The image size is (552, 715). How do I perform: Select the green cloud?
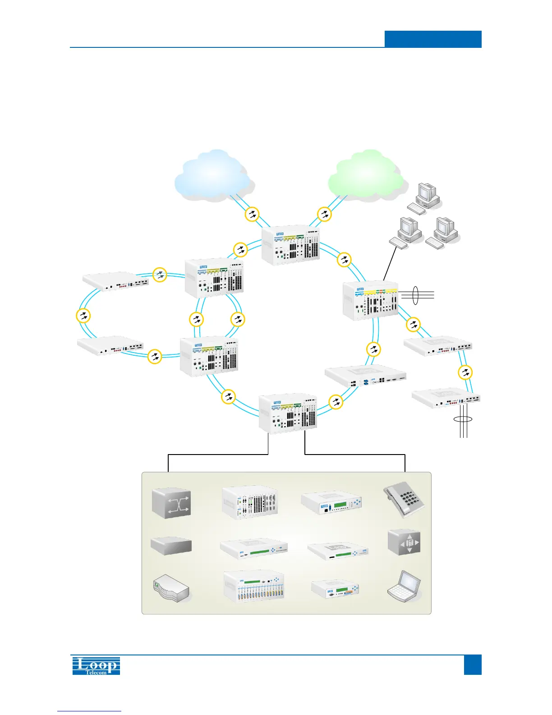366,175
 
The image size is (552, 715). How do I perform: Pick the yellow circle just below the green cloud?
325,214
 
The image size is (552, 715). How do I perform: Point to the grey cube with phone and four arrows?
404,542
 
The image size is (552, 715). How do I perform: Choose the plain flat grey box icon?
171,545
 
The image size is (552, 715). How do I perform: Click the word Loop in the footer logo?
97,664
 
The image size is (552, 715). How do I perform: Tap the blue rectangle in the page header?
433,39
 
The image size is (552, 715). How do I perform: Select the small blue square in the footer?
473,664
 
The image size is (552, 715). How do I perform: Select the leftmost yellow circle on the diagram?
83,316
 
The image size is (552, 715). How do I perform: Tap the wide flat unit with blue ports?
366,378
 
